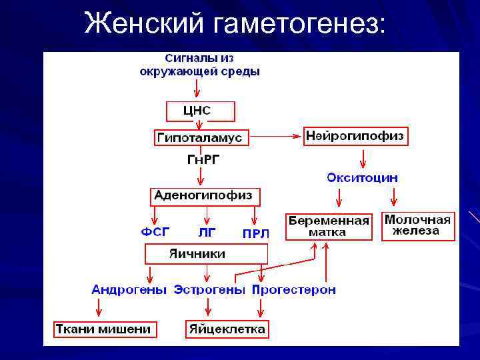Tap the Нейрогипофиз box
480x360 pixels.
[355, 137]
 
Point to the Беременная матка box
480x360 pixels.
[329, 227]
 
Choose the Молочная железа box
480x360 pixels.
[418, 225]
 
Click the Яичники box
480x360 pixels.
[206, 254]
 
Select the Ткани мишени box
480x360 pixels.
[104, 329]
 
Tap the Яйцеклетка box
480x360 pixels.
[227, 329]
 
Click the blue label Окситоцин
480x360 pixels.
[362, 177]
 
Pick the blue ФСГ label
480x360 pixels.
[155, 232]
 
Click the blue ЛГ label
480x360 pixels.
[207, 233]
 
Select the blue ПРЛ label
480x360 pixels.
[255, 233]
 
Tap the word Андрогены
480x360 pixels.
[129, 290]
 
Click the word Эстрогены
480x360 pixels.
[209, 290]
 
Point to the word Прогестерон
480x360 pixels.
[293, 290]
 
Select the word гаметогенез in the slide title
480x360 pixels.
[299, 25]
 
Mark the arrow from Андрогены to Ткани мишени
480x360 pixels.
[99, 307]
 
